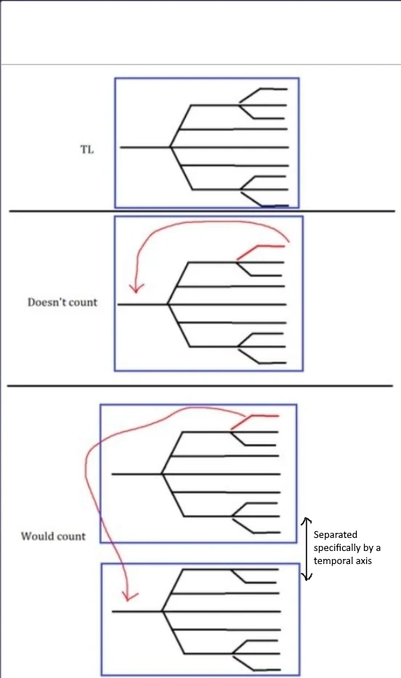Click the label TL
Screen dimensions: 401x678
click(87, 150)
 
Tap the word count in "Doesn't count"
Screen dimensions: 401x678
click(83, 302)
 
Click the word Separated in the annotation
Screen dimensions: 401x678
click(335, 534)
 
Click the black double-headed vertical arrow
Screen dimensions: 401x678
click(307, 549)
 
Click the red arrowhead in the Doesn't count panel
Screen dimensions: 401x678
click(137, 287)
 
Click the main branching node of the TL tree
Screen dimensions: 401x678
click(171, 147)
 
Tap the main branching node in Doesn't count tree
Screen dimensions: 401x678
click(168, 304)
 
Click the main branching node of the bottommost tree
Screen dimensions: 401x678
click(162, 611)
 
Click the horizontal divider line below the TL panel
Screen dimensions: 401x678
click(202, 211)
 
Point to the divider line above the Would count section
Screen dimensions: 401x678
click(200, 385)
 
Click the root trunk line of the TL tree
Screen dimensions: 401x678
click(145, 147)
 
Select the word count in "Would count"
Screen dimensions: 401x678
click(70, 536)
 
